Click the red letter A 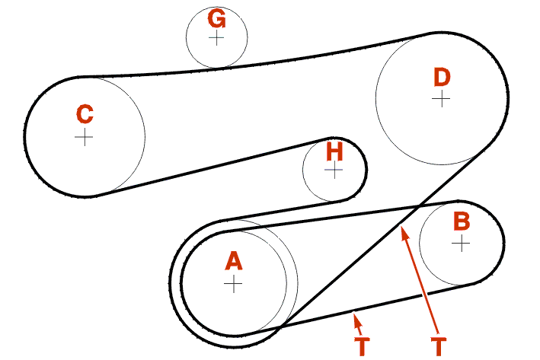(233, 262)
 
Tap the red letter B (462, 221)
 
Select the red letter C (85, 115)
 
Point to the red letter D (442, 77)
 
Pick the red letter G (216, 18)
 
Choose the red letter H (334, 151)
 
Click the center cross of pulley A (233, 284)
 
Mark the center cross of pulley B (461, 244)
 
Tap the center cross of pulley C (84, 137)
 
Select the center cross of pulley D (441, 98)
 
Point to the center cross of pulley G (216, 37)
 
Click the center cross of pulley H (334, 170)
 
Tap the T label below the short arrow (363, 346)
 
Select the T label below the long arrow (438, 346)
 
